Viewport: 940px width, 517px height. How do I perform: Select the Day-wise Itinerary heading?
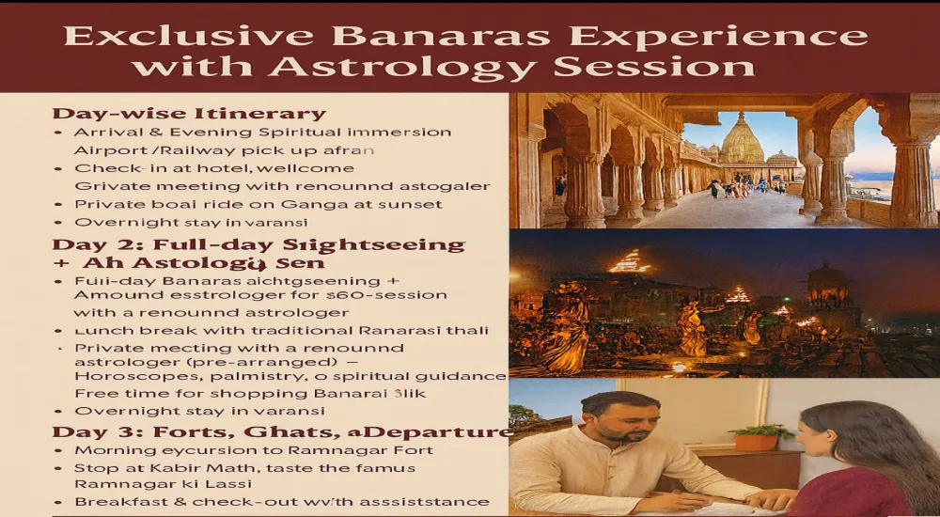(x=189, y=114)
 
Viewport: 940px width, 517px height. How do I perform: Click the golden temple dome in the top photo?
(x=742, y=141)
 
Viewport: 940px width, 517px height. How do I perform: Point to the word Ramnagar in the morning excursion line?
(x=292, y=450)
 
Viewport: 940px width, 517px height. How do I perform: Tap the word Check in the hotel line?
(x=99, y=168)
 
